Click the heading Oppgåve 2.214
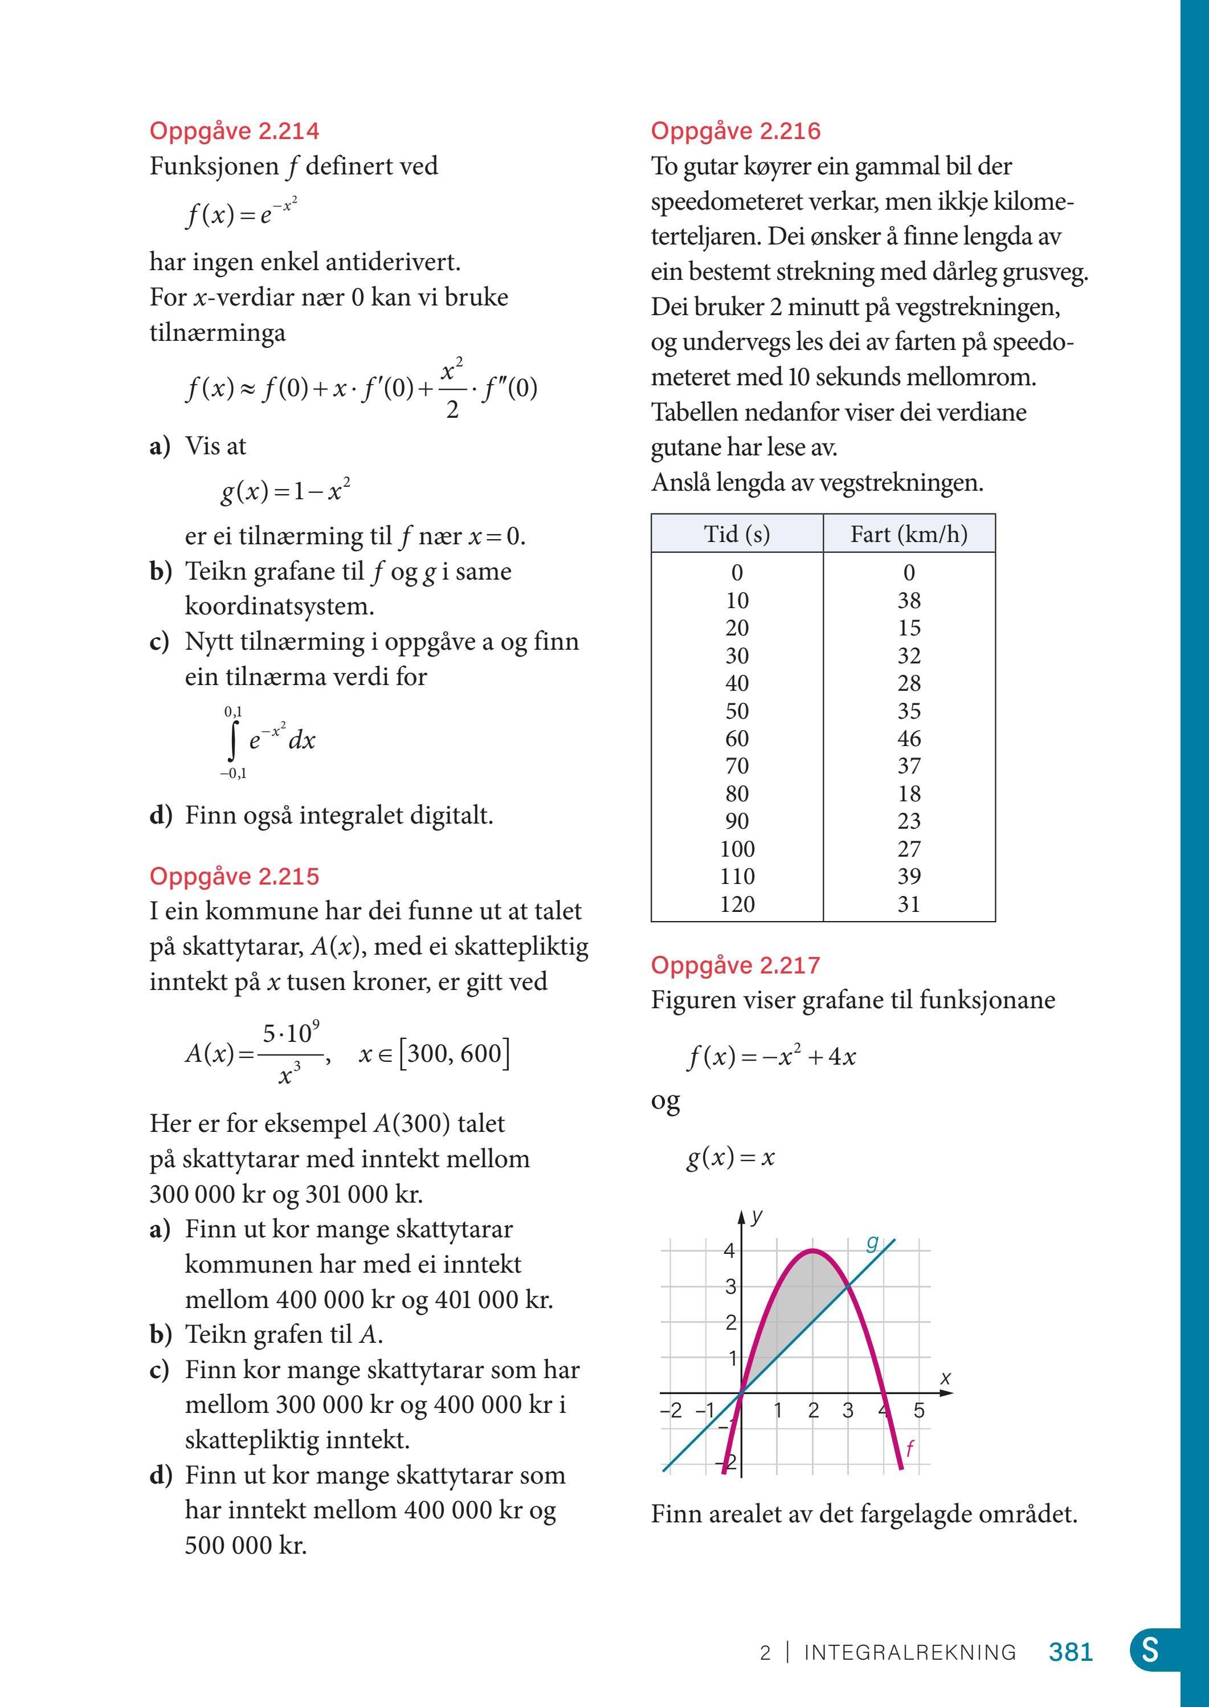(x=235, y=131)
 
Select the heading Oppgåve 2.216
(x=736, y=131)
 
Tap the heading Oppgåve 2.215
(x=235, y=876)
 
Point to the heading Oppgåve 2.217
(x=736, y=965)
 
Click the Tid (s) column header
(x=737, y=534)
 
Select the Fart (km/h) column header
(x=909, y=534)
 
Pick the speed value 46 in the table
(x=909, y=738)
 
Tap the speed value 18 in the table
(x=909, y=793)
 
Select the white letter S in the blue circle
(x=1150, y=1651)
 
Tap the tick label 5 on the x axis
(x=920, y=1411)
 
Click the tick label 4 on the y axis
(x=730, y=1250)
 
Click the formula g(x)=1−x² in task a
(x=285, y=491)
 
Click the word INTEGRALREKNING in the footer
(x=910, y=1653)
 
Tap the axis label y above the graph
(x=757, y=1216)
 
